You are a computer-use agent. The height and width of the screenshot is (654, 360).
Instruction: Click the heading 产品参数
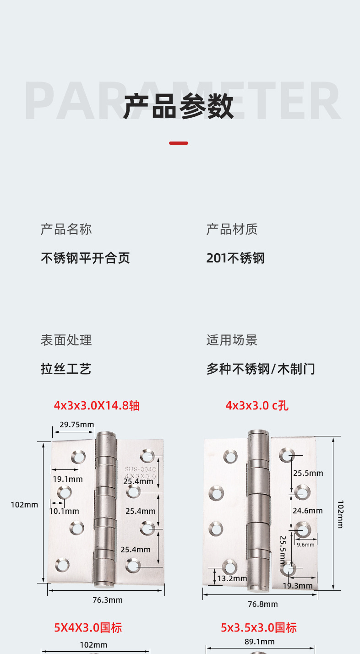click(179, 106)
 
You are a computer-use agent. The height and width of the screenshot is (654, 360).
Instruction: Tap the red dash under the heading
click(179, 143)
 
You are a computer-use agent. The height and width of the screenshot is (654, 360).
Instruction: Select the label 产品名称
click(66, 229)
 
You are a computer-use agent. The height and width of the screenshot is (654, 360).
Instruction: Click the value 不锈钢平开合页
click(85, 258)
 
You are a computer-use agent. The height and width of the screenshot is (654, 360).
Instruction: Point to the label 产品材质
click(232, 229)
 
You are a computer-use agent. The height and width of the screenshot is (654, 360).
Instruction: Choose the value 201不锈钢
click(235, 258)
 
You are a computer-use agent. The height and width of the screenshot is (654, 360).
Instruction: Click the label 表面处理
click(66, 340)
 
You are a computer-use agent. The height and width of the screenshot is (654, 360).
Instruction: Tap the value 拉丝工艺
click(66, 369)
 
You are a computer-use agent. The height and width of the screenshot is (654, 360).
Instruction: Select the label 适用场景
click(232, 340)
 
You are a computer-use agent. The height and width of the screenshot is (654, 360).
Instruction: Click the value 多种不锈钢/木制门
click(261, 369)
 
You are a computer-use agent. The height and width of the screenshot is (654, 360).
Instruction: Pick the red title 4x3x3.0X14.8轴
click(96, 405)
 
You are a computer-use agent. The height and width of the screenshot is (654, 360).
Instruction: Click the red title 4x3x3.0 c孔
click(257, 405)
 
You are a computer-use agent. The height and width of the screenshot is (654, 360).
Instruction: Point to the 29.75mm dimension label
click(76, 425)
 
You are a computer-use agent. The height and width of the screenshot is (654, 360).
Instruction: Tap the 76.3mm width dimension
click(108, 600)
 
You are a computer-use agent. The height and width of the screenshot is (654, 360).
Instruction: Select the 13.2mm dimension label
click(232, 578)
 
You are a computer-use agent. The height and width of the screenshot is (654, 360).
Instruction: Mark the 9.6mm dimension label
click(305, 545)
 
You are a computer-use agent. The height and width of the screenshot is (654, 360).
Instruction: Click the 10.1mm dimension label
click(64, 511)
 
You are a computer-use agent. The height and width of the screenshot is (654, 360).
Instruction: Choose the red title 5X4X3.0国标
click(88, 627)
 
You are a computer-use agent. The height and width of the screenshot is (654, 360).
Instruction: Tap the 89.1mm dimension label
click(259, 642)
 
